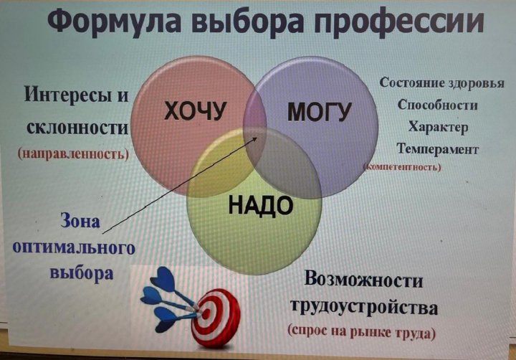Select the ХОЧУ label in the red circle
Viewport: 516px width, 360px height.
(x=196, y=110)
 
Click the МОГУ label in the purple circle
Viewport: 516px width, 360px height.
(x=319, y=112)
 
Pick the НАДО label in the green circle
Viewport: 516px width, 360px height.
(x=261, y=205)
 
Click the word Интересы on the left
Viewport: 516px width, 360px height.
(x=64, y=95)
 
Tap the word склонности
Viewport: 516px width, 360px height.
(x=77, y=128)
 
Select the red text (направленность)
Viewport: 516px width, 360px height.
(x=73, y=153)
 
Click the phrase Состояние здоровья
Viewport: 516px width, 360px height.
(x=441, y=83)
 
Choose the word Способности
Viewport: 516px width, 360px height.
(x=437, y=105)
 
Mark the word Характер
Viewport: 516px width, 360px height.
(x=438, y=127)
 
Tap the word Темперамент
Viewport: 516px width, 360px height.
(x=437, y=149)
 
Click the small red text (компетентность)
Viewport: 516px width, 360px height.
(x=402, y=167)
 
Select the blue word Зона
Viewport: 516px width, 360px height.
(x=80, y=221)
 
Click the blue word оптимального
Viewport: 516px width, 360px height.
(x=74, y=247)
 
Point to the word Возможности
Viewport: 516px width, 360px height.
(x=363, y=280)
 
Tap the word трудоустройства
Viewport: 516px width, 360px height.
(x=364, y=308)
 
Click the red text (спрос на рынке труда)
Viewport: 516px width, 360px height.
(x=362, y=332)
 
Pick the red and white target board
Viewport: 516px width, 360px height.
(x=216, y=317)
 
